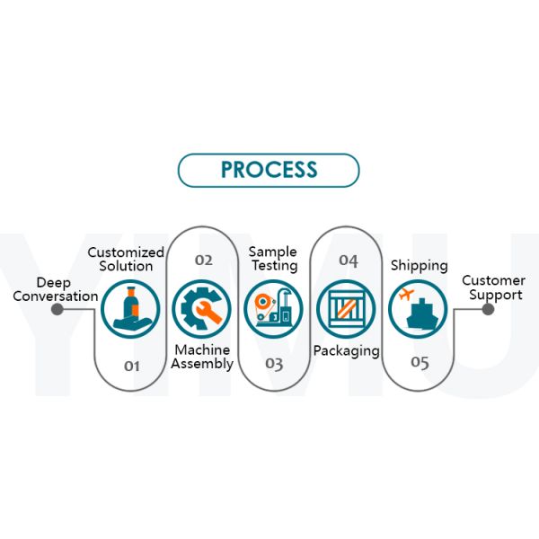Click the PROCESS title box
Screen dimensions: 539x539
click(x=269, y=170)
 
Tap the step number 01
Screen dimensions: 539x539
click(x=132, y=366)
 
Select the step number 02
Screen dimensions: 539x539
click(x=204, y=261)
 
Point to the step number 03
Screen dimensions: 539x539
click(x=274, y=364)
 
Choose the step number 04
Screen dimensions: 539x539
click(x=348, y=261)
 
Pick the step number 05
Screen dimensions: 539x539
click(x=420, y=363)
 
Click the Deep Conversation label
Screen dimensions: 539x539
click(x=55, y=289)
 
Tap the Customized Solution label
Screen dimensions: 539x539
click(x=126, y=260)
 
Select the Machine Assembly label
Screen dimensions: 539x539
click(x=202, y=357)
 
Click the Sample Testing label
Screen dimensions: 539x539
click(x=273, y=259)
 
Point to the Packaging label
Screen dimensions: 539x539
click(x=346, y=350)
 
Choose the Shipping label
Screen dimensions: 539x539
click(x=419, y=266)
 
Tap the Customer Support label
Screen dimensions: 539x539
click(x=492, y=287)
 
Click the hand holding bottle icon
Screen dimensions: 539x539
click(x=130, y=309)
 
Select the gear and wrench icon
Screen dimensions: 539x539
click(x=202, y=309)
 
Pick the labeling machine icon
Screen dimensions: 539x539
click(x=274, y=309)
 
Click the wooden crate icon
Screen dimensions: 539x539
click(x=346, y=309)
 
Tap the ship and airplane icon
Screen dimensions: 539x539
click(x=418, y=309)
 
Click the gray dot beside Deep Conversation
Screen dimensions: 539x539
click(x=57, y=309)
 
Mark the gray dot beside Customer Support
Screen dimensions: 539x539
click(x=488, y=309)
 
